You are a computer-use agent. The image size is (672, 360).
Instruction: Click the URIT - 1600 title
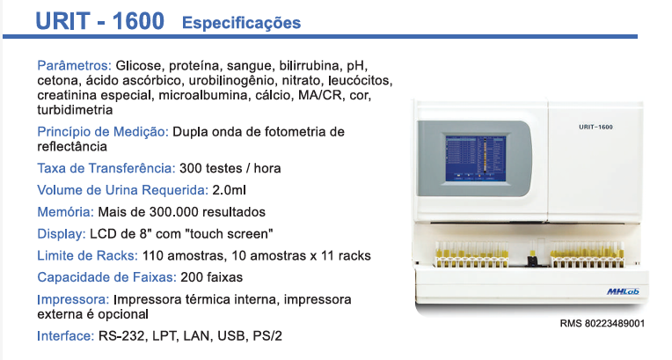click(99, 21)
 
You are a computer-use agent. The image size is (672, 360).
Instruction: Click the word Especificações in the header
click(241, 23)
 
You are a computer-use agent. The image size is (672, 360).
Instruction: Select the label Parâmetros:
click(74, 66)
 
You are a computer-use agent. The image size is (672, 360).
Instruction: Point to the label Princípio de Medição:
click(103, 131)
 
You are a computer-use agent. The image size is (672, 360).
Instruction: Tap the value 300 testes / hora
click(230, 167)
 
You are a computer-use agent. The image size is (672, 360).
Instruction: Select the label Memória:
click(66, 212)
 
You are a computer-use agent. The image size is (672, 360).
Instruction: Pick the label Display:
click(62, 234)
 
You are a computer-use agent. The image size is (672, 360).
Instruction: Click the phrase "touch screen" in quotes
click(234, 234)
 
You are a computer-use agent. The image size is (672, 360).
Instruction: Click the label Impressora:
click(73, 299)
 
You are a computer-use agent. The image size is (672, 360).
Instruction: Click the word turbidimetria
click(75, 110)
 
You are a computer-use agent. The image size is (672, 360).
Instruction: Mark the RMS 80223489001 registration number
click(603, 323)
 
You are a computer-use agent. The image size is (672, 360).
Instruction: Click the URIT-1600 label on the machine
click(595, 128)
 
